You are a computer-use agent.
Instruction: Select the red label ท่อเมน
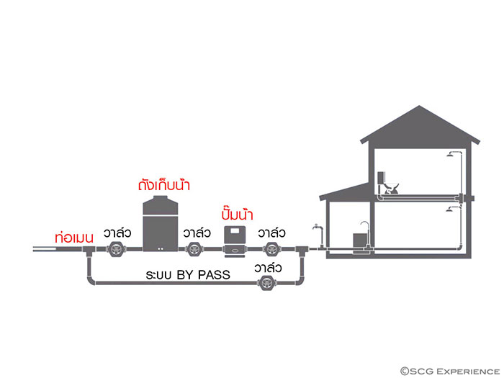(x=75, y=237)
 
